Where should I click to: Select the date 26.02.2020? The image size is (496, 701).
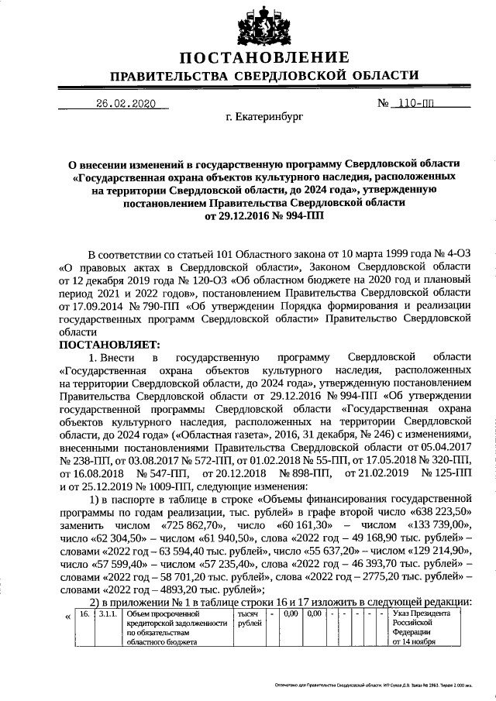pos(126,104)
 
